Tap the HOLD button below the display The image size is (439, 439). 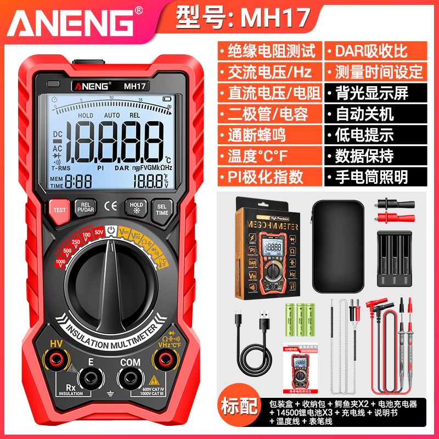[x=136, y=208]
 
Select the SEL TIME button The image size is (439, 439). [x=162, y=209]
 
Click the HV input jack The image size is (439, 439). [x=55, y=361]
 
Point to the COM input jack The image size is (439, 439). [x=130, y=378]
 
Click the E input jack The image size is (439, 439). [x=88, y=379]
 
